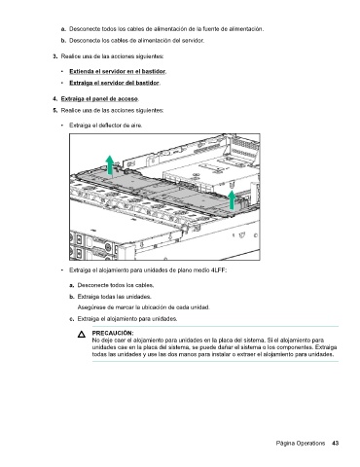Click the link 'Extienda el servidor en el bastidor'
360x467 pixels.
[118, 71]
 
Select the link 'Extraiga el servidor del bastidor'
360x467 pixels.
[114, 83]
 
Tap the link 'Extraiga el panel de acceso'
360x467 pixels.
[99, 98]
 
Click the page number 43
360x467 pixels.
[336, 443]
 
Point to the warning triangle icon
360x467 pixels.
[82, 335]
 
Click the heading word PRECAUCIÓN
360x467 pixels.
[113, 333]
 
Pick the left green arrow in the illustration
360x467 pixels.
[110, 164]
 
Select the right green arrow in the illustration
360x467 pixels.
[232, 199]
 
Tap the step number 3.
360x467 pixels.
[55, 56]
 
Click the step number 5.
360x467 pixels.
[55, 110]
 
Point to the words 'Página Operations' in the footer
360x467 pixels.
[301, 444]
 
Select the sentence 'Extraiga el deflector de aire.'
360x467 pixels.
[106, 126]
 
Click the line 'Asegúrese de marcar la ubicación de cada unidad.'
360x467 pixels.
[144, 307]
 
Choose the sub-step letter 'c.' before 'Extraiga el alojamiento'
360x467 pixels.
[72, 319]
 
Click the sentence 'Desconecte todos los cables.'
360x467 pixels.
[116, 285]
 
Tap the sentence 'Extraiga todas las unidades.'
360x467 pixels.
[115, 297]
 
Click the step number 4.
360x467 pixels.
[55, 98]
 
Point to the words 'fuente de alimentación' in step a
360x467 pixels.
[233, 29]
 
